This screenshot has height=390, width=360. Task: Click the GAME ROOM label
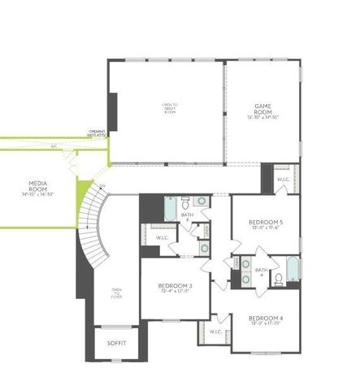coord(262,106)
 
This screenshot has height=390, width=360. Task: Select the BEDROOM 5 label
coord(265,222)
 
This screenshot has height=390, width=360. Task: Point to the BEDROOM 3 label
coord(174,286)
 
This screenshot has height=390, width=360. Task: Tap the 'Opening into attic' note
coord(98,133)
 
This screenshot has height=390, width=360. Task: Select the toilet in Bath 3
coord(186,200)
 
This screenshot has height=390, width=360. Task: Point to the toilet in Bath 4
coord(278,279)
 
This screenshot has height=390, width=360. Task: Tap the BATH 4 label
coord(261,271)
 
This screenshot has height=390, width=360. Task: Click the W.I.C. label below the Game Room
coord(283,180)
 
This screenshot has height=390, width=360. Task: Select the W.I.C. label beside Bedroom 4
coord(215,331)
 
